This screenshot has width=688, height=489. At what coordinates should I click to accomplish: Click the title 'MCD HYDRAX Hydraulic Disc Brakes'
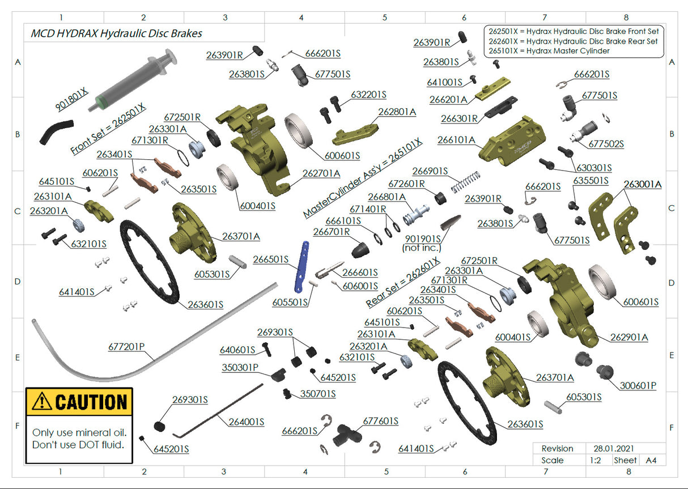pyautogui.click(x=116, y=33)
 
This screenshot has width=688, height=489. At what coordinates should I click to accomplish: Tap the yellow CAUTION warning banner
pyautogui.click(x=79, y=402)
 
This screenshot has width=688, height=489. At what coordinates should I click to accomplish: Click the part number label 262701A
pyautogui.click(x=321, y=173)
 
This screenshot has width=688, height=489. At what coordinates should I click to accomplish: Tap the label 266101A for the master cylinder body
pyautogui.click(x=456, y=140)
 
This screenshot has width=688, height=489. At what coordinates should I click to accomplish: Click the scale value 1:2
pyautogui.click(x=594, y=460)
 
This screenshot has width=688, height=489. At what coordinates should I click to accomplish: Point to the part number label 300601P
pyautogui.click(x=638, y=385)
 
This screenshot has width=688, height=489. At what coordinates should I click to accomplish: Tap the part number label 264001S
pyautogui.click(x=247, y=422)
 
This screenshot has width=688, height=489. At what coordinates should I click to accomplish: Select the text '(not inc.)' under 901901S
pyautogui.click(x=422, y=248)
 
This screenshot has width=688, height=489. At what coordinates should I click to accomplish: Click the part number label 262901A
pyautogui.click(x=629, y=337)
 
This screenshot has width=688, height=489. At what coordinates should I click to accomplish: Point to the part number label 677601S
pyautogui.click(x=381, y=422)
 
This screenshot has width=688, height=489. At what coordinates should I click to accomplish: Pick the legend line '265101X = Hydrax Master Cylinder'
pyautogui.click(x=549, y=51)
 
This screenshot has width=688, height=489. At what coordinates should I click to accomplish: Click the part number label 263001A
pyautogui.click(x=643, y=184)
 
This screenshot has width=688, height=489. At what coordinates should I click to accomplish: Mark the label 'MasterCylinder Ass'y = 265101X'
pyautogui.click(x=363, y=177)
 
